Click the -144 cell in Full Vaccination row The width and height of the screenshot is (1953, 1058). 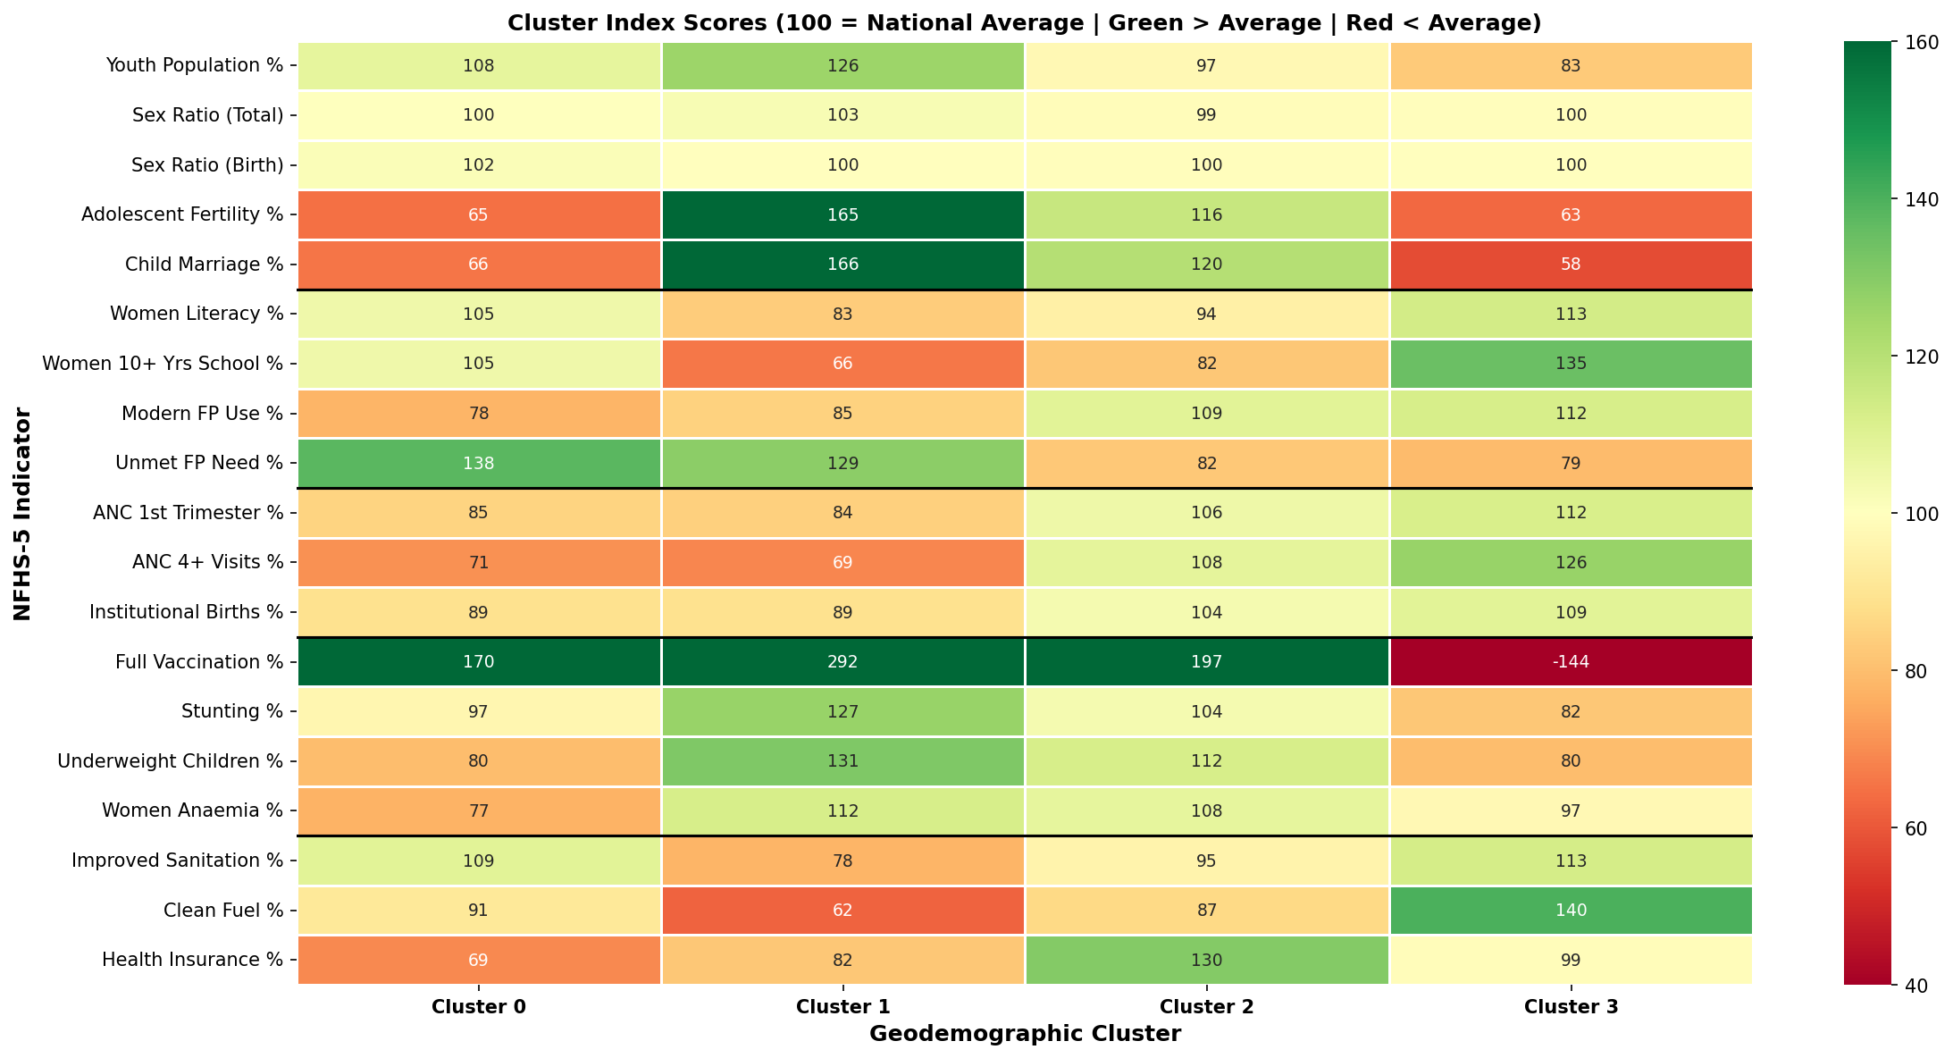pyautogui.click(x=1571, y=662)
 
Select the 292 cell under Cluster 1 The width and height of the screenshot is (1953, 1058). pyautogui.click(x=842, y=662)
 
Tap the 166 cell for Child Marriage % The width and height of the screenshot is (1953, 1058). pyautogui.click(x=842, y=264)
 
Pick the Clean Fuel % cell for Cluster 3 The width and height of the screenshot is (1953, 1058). pyautogui.click(x=1571, y=911)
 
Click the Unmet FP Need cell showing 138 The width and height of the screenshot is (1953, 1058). pyautogui.click(x=479, y=463)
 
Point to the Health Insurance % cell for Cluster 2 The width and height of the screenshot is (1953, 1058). pyautogui.click(x=1206, y=960)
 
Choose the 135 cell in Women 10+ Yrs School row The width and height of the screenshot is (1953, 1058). pyautogui.click(x=1571, y=364)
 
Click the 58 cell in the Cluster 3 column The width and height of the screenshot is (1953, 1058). pyautogui.click(x=1571, y=264)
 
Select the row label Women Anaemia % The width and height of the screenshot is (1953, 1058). pyautogui.click(x=192, y=811)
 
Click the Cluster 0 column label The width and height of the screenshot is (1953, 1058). pyautogui.click(x=479, y=1007)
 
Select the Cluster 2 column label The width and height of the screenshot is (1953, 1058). pyautogui.click(x=1206, y=1007)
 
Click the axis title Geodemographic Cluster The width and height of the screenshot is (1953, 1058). pyautogui.click(x=1025, y=1035)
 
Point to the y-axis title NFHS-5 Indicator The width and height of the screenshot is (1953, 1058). pyautogui.click(x=22, y=514)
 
